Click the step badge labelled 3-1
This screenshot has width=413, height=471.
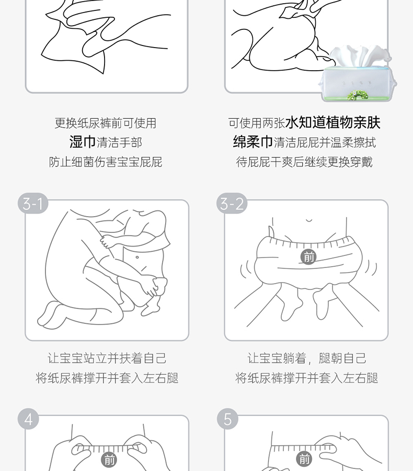33,204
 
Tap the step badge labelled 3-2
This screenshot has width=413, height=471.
232,204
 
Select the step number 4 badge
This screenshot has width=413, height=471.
28,419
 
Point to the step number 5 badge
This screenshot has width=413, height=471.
227,419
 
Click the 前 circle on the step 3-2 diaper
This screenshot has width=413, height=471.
308,257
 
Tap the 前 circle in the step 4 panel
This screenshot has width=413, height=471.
109,460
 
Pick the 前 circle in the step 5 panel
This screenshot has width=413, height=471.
304,458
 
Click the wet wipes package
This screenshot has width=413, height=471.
357,74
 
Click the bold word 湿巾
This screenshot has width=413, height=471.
82,142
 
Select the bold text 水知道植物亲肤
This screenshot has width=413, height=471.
333,122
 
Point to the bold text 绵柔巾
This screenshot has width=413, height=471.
253,142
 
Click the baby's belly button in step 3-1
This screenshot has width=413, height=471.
137,257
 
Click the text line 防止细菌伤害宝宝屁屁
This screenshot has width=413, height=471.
106,162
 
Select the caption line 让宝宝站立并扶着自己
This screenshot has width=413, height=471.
107,358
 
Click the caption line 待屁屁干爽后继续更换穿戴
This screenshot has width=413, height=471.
304,162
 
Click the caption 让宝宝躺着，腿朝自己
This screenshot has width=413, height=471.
307,358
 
